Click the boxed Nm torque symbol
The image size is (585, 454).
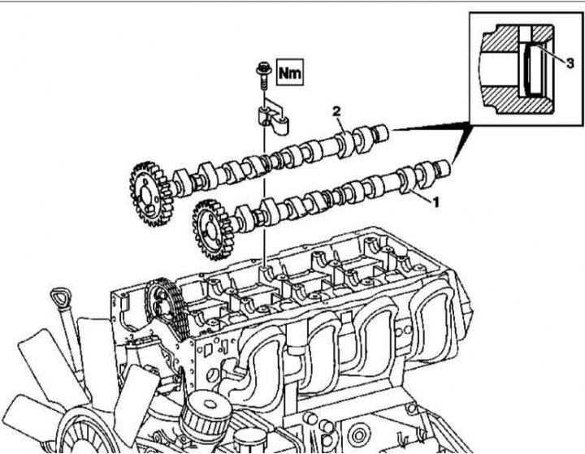coord(289,72)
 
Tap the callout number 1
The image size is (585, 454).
coord(435,202)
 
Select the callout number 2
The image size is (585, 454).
coord(336,110)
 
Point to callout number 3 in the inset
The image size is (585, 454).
coord(570,63)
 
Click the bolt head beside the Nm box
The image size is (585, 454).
coord(264,69)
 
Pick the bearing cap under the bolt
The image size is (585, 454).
coord(273,119)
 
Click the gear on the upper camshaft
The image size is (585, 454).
coord(146,194)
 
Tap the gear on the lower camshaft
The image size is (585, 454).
coord(210,230)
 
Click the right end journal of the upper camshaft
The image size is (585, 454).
coord(380,133)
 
